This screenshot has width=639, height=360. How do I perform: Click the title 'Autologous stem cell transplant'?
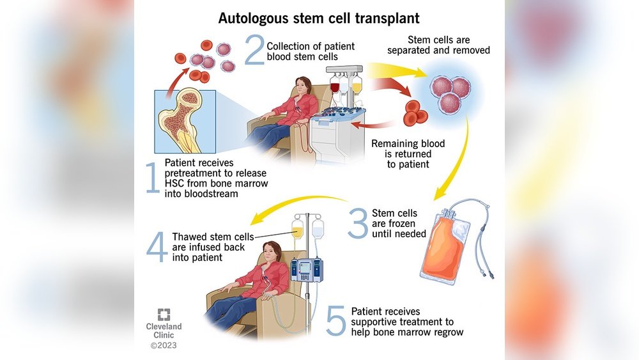pyautogui.click(x=319, y=17)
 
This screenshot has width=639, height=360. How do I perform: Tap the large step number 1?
pyautogui.click(x=153, y=178)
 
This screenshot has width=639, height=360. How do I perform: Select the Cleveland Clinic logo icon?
pyautogui.click(x=164, y=314)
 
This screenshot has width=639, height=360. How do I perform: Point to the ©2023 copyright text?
pyautogui.click(x=164, y=346)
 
